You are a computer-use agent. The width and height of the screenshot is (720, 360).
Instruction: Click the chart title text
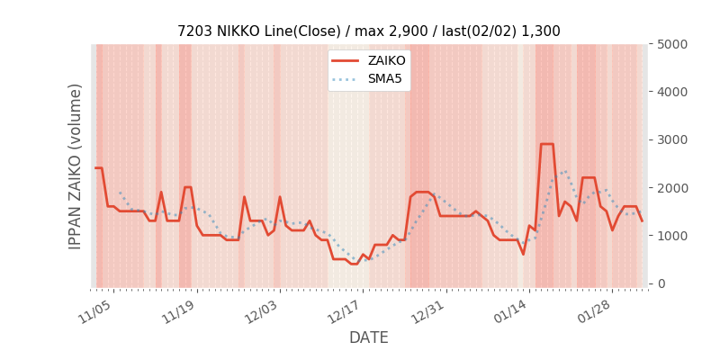pyautogui.click(x=368, y=31)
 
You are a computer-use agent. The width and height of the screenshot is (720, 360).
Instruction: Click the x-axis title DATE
pyautogui.click(x=368, y=337)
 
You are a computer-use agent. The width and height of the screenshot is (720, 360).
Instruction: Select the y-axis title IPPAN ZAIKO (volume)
pyautogui.click(x=76, y=166)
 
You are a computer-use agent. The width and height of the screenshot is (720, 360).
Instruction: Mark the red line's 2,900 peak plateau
pyautogui.click(x=546, y=144)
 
